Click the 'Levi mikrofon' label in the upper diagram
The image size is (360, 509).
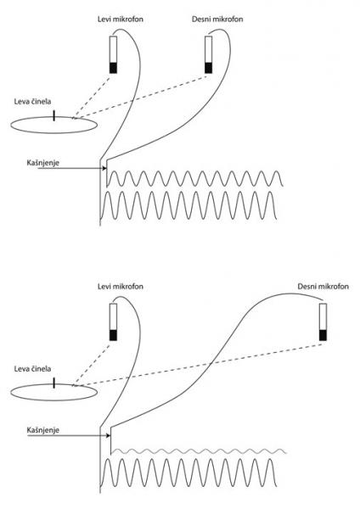(x=121, y=20)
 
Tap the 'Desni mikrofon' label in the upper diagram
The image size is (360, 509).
(x=217, y=20)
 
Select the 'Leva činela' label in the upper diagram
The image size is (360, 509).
(x=32, y=102)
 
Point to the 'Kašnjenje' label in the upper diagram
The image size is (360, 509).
(x=43, y=163)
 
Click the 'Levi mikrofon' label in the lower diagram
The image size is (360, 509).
(x=121, y=287)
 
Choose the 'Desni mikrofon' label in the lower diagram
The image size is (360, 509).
(x=323, y=287)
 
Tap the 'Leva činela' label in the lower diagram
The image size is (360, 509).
(x=32, y=369)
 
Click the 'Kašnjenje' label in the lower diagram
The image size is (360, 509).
(x=43, y=430)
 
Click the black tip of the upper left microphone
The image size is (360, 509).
(x=113, y=68)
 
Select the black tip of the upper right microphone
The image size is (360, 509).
(x=209, y=68)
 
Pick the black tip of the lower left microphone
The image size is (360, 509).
(x=113, y=335)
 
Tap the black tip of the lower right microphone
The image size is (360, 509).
(x=323, y=335)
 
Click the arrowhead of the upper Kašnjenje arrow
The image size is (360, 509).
(x=104, y=168)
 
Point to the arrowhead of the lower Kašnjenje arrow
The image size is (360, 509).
(x=109, y=436)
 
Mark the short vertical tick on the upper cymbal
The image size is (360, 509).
(x=54, y=116)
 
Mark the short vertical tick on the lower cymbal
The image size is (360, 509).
(x=54, y=383)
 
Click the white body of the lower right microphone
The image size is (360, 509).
(x=323, y=316)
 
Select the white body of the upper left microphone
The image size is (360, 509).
(x=113, y=50)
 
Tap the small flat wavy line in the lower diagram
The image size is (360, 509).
(x=200, y=451)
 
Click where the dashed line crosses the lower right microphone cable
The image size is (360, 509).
(x=211, y=363)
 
